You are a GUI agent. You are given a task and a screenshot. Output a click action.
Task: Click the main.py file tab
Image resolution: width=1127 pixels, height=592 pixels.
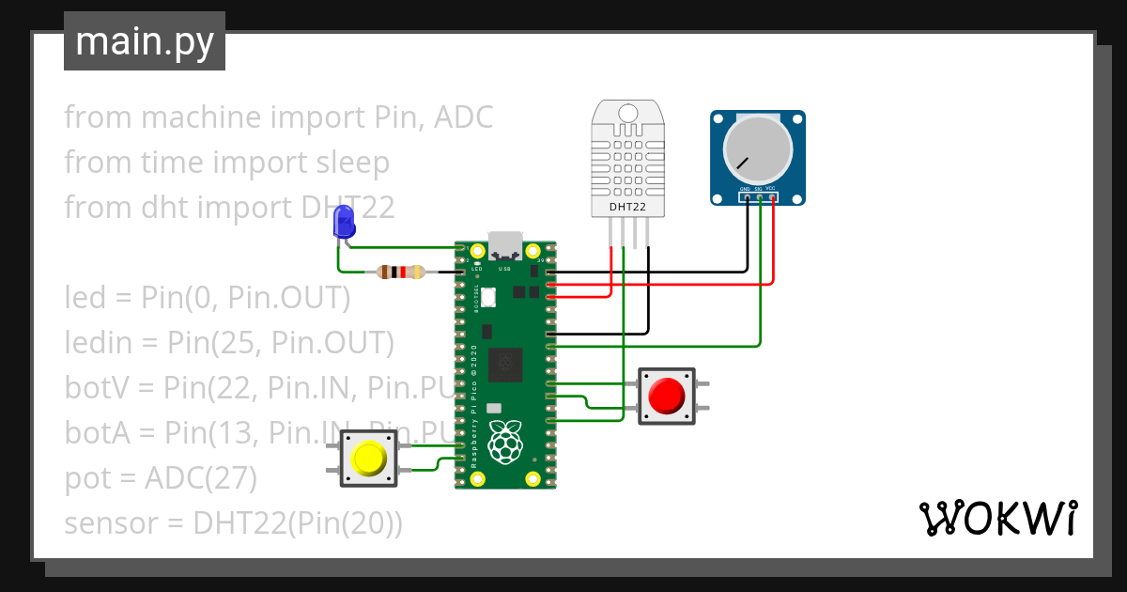(144, 41)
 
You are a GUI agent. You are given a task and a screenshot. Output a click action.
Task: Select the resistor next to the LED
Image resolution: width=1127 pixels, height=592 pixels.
(400, 273)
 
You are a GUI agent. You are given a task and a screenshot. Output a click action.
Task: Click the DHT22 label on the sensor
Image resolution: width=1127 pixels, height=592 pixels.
(626, 206)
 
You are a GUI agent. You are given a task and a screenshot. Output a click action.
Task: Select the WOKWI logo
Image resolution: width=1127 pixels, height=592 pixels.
(997, 519)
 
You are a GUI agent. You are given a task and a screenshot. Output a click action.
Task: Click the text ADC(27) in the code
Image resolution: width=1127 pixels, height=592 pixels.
(200, 478)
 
